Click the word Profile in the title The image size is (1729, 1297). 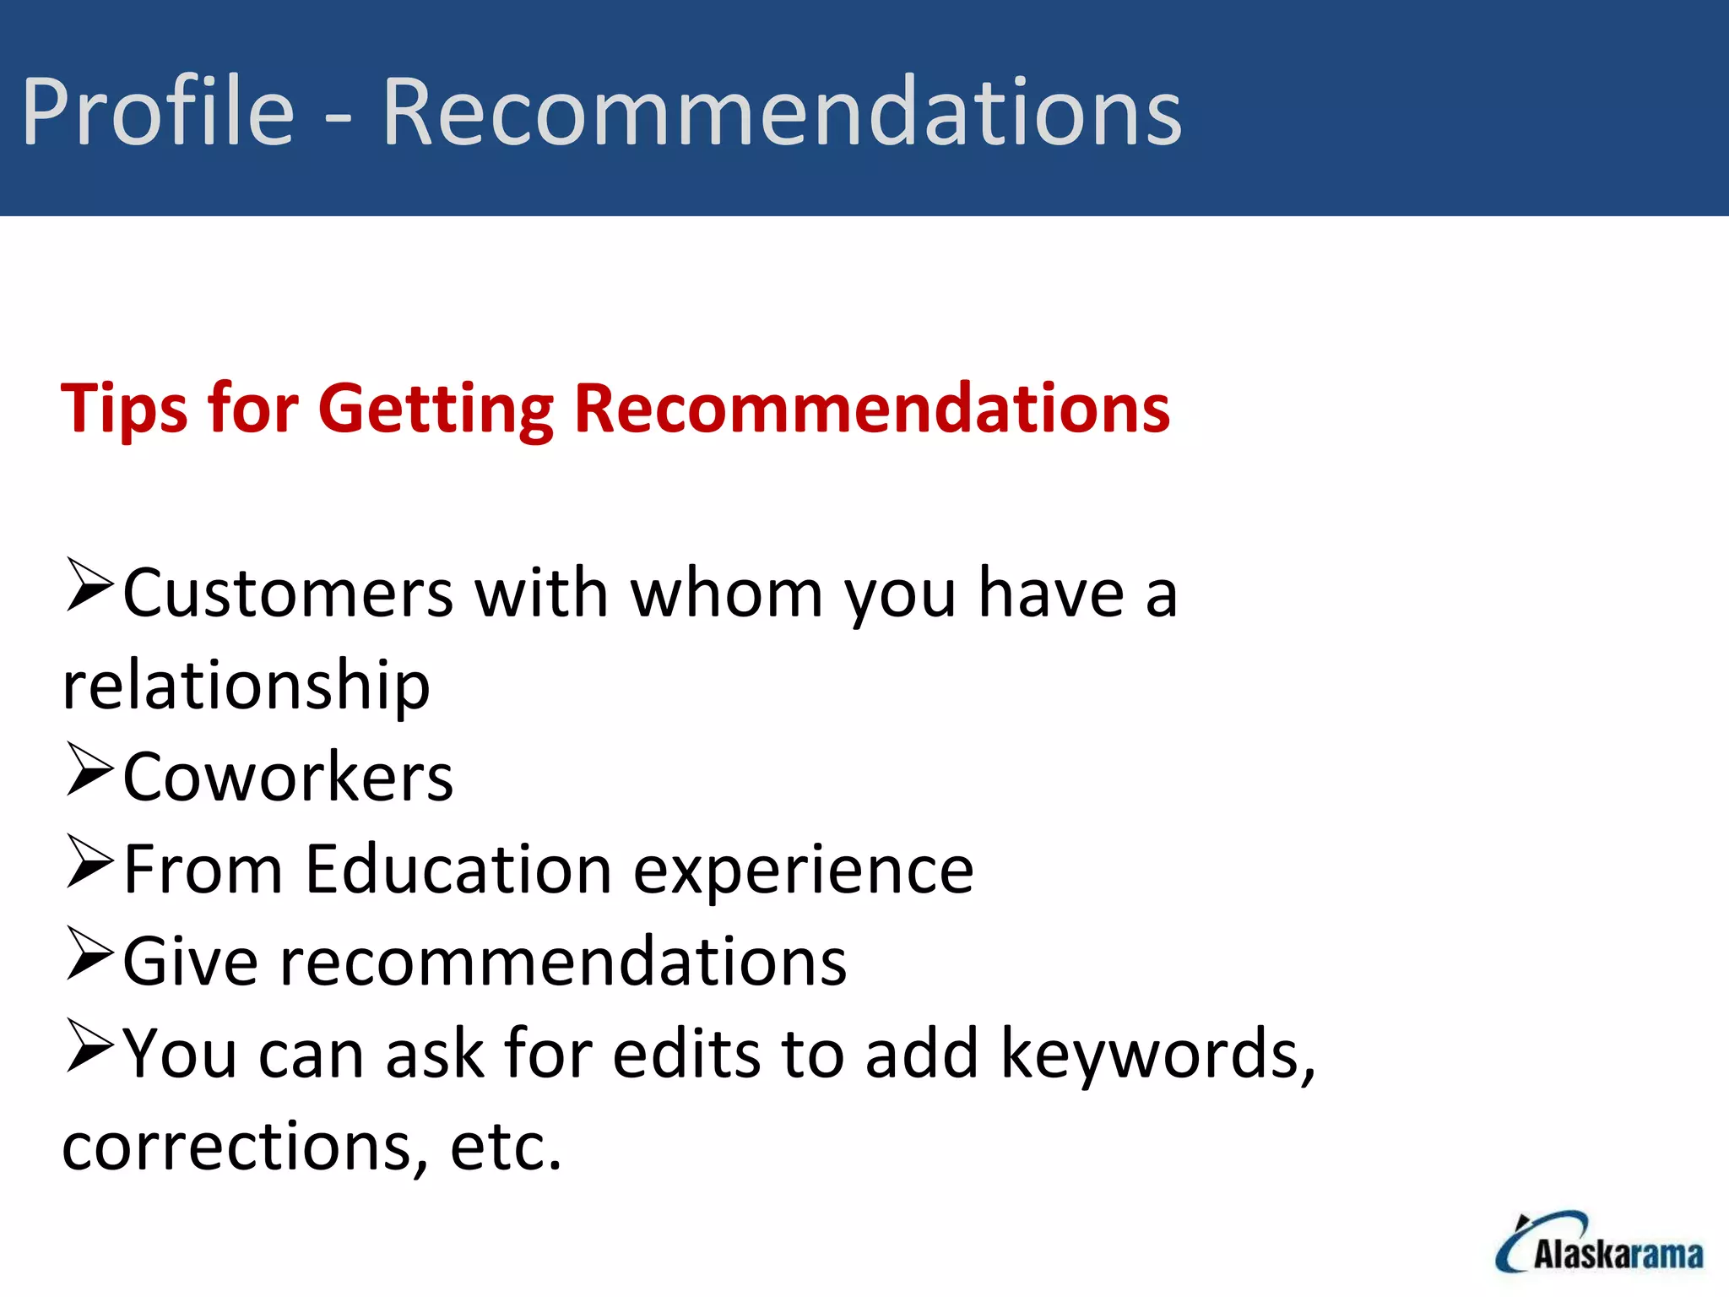(x=158, y=111)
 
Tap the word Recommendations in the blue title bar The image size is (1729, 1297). (x=782, y=111)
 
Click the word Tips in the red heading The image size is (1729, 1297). (x=123, y=410)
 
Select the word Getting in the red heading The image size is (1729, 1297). (x=436, y=410)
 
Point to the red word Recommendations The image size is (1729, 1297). (x=871, y=408)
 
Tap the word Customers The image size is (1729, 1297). (x=288, y=594)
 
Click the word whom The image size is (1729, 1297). (x=727, y=594)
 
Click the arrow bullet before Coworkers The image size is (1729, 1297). (x=89, y=769)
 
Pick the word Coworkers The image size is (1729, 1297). (x=288, y=778)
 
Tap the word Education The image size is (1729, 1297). (x=458, y=870)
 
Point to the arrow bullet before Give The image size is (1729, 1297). (x=89, y=953)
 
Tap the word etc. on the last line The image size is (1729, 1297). (x=506, y=1147)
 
